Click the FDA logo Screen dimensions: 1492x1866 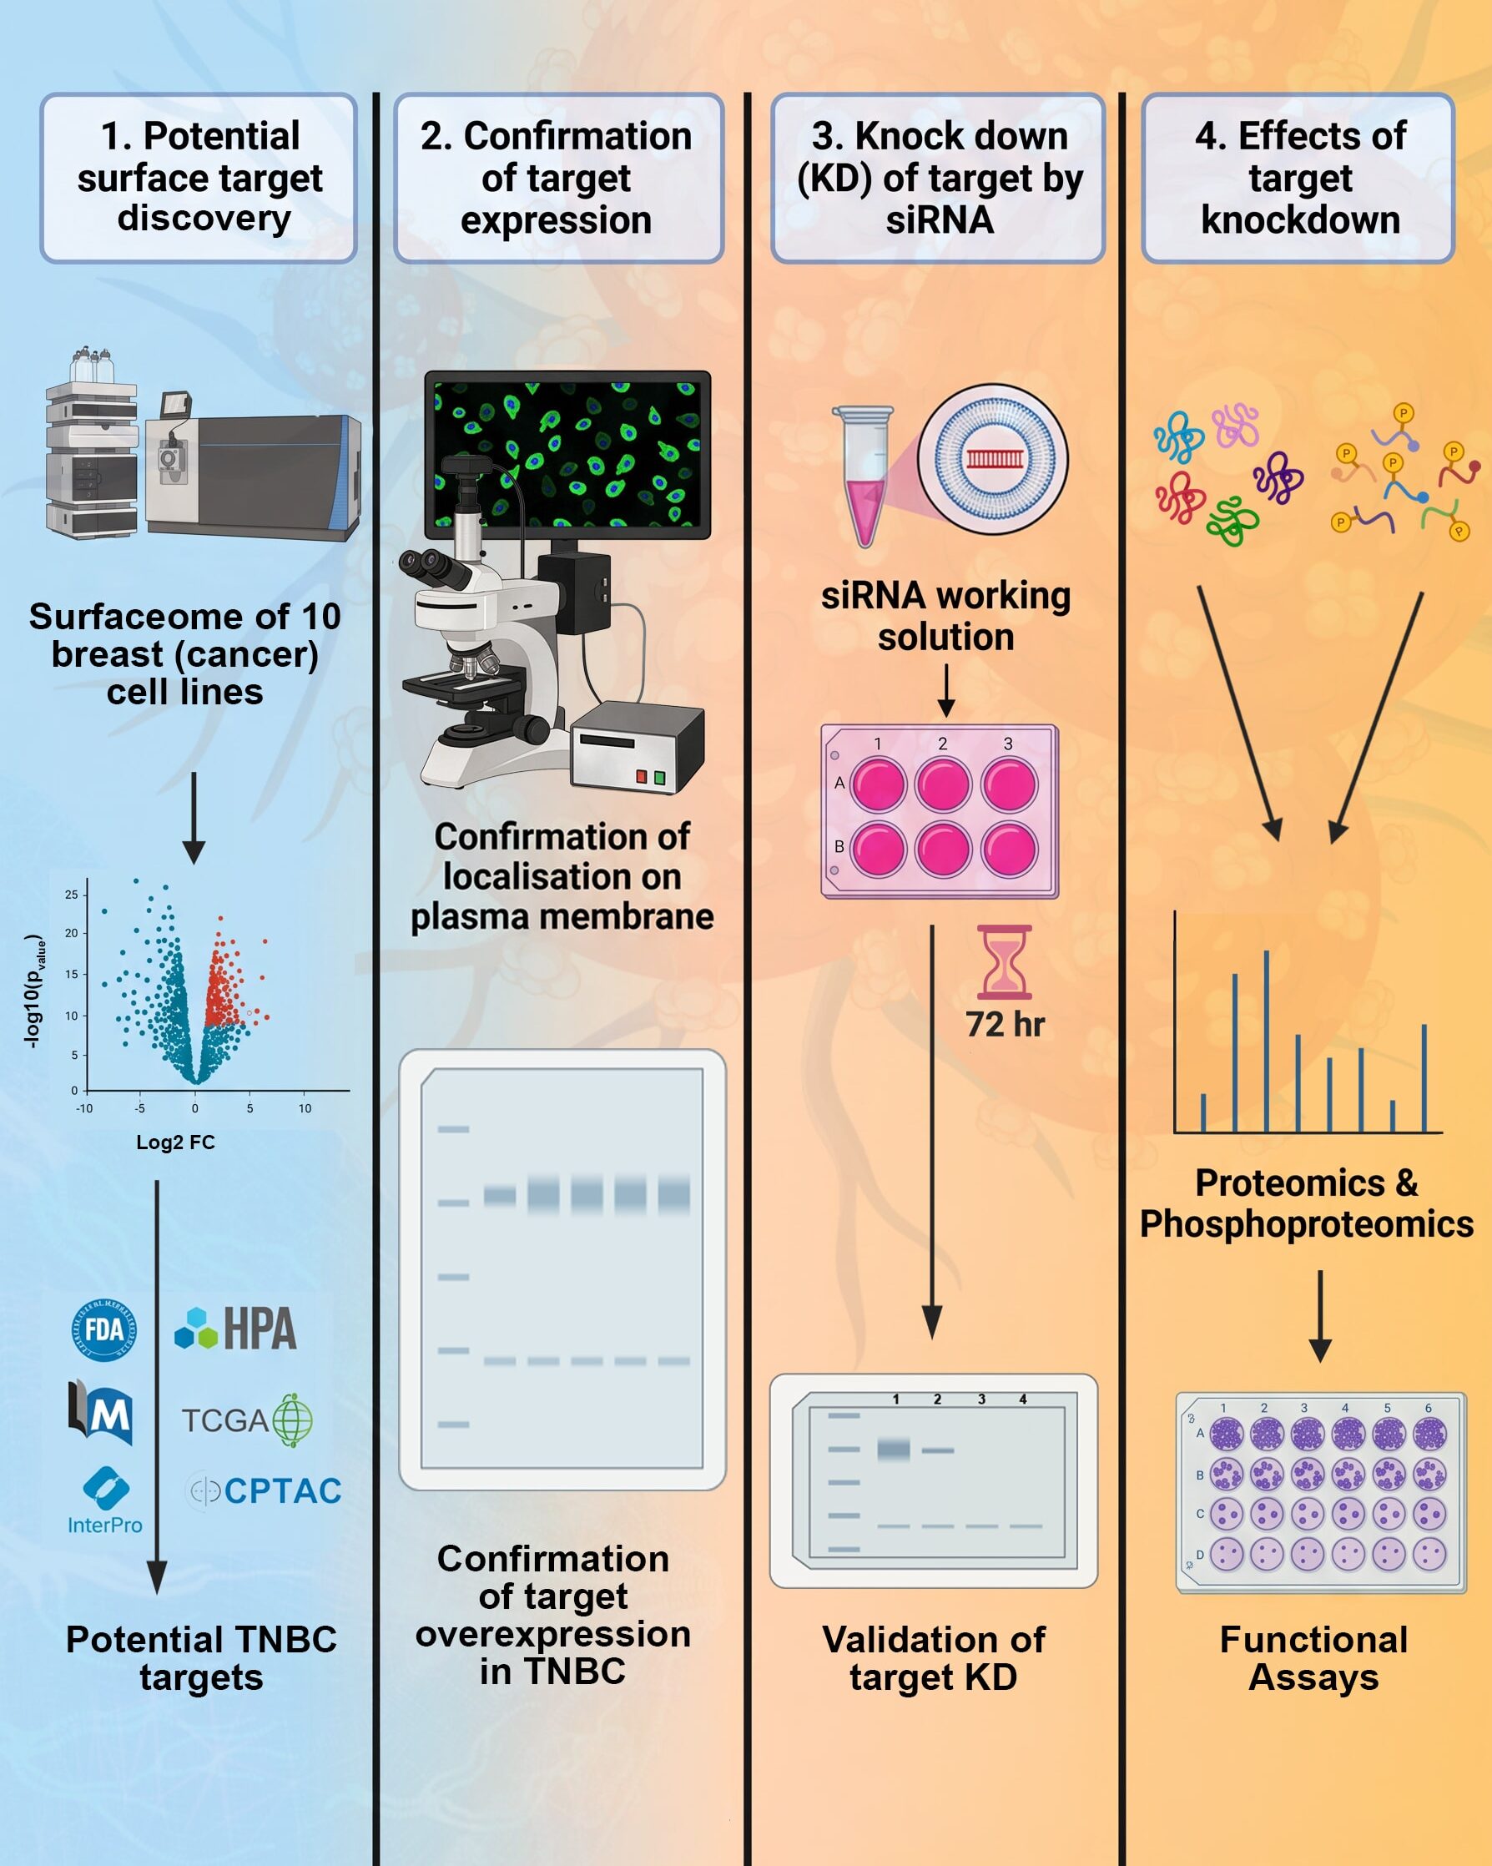point(103,1330)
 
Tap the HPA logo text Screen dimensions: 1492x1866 point(260,1329)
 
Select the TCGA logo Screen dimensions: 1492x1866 point(247,1420)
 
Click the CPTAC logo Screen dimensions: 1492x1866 point(264,1490)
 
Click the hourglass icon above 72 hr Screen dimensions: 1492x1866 point(1004,961)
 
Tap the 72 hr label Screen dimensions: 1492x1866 point(1005,1025)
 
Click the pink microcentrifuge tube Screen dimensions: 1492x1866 point(864,476)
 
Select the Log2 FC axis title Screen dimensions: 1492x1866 point(176,1142)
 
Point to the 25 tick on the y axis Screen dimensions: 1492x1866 point(71,895)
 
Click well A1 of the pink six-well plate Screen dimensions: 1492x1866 point(878,785)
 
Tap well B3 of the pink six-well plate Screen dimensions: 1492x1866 point(1008,848)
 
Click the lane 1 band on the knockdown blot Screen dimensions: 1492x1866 point(894,1449)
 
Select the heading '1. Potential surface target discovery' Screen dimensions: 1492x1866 point(200,178)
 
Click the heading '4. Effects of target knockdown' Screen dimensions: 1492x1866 point(1300,178)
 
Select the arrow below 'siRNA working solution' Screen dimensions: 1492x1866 point(946,691)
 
